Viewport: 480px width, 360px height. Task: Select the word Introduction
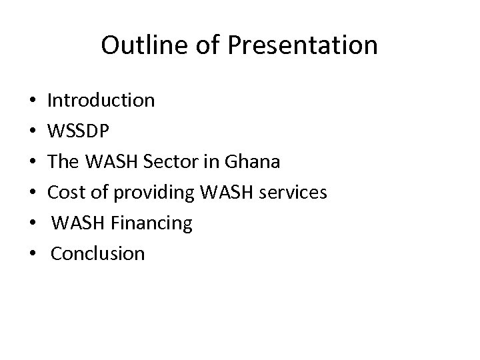tap(101, 101)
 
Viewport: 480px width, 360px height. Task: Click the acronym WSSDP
tap(77, 131)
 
